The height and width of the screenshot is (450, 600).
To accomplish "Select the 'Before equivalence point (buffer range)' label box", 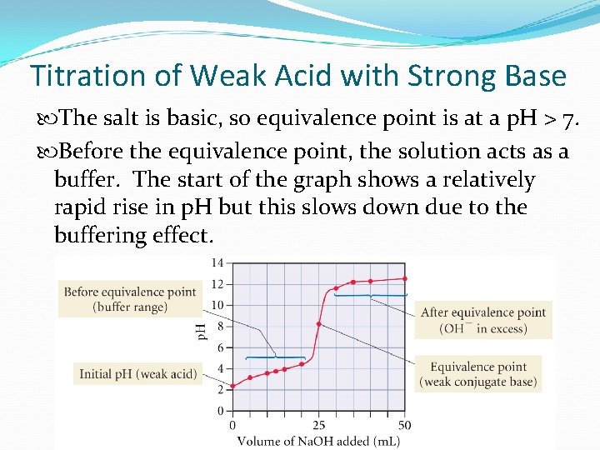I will click(129, 299).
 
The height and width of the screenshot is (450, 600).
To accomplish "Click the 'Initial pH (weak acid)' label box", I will click(137, 374).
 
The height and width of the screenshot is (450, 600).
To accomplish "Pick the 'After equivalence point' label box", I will click(483, 320).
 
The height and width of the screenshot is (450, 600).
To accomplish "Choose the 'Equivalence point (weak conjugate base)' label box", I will click(478, 374).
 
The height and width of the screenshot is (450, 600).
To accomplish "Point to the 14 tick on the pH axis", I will click(217, 263).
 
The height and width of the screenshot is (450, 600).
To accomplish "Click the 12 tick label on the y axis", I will click(217, 284).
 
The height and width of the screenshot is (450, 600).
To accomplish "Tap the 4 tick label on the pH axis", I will click(220, 368).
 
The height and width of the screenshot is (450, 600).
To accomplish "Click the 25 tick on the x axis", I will click(318, 425).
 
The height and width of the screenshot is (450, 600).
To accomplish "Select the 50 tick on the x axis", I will click(404, 425).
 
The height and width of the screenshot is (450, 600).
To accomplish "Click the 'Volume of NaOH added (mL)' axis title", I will click(318, 440).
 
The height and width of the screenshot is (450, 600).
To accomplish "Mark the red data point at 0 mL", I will click(232, 385).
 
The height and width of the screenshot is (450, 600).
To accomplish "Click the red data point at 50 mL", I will click(404, 278).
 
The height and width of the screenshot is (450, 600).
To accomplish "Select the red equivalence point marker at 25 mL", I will click(318, 323).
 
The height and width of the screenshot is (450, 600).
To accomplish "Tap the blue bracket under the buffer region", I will click(275, 357).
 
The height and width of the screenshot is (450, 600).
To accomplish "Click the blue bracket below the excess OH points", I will click(369, 295).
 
